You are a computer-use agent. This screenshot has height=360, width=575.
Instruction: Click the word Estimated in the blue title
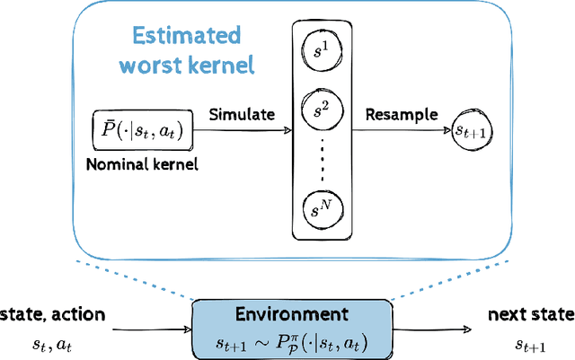click(x=185, y=37)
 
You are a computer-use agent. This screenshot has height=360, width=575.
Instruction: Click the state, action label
click(x=53, y=314)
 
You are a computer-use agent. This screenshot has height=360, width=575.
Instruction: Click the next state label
click(x=529, y=314)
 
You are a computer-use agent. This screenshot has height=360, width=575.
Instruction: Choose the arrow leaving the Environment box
click(x=431, y=328)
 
